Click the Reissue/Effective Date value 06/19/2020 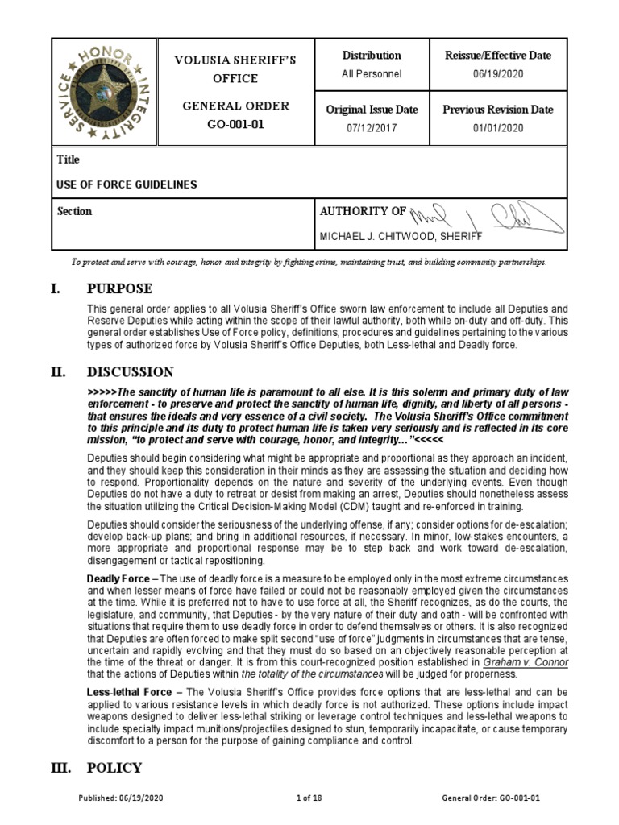[x=498, y=74]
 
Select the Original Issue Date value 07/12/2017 [x=372, y=128]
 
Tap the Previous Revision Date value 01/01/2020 [x=498, y=128]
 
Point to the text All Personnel [x=372, y=74]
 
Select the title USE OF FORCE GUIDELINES [x=127, y=184]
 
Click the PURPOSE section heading [x=120, y=288]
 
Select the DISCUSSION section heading [x=131, y=371]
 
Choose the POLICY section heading [x=115, y=767]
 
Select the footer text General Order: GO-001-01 [x=491, y=798]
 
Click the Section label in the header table [x=75, y=211]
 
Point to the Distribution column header [x=372, y=56]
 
